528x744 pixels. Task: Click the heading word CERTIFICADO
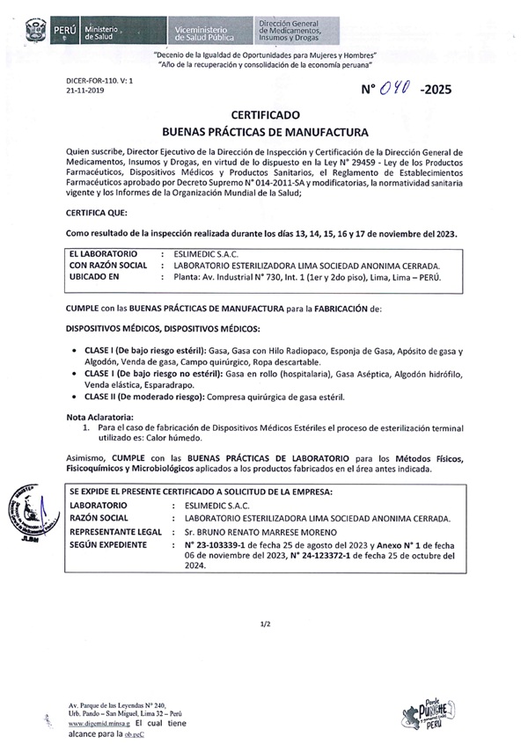(265, 115)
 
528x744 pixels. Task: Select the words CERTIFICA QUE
(98, 213)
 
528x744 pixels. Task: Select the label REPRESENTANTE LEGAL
(115, 532)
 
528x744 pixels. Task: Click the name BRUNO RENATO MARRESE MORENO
(275, 532)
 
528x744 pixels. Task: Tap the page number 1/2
(265, 624)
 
